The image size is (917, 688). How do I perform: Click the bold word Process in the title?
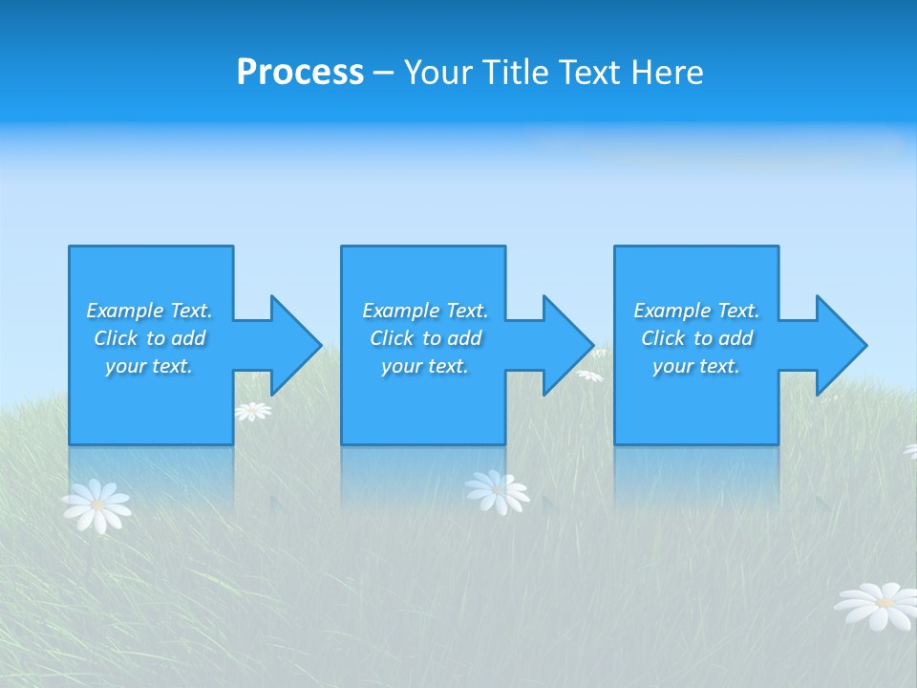coord(300,73)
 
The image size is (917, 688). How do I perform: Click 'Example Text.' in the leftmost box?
coord(149,311)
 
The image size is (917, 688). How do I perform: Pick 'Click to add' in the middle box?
coord(425,338)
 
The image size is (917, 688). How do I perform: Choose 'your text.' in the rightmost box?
coord(696,366)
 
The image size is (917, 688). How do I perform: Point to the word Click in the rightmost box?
coord(663,338)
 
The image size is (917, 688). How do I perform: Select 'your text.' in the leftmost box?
coord(149,366)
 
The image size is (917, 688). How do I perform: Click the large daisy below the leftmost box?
coord(96,505)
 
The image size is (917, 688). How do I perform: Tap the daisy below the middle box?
coord(497,491)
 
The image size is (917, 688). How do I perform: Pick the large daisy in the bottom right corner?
coord(879,606)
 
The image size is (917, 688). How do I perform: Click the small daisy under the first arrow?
coord(253,411)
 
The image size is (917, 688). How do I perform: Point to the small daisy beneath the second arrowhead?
coord(589,376)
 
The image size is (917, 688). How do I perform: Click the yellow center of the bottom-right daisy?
coord(885,603)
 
